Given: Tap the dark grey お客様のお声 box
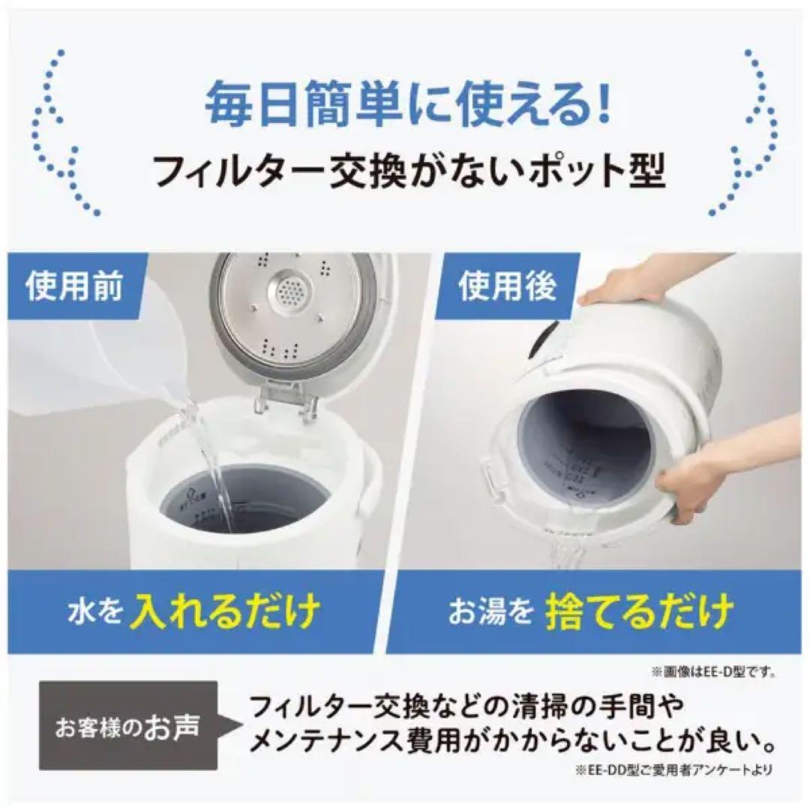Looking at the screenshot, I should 128,725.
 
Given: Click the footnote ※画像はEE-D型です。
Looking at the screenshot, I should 713,672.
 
